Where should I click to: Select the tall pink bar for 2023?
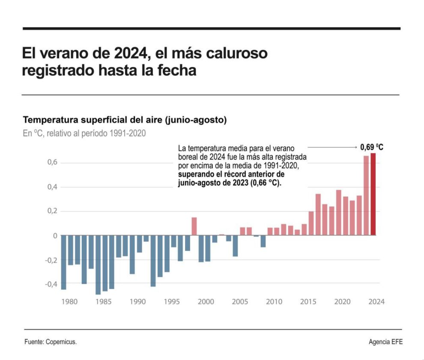[366, 196]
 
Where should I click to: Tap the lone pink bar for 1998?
[194, 226]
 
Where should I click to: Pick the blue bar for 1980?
[63, 262]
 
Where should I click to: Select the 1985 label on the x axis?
[104, 302]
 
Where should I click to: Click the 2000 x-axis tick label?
[206, 302]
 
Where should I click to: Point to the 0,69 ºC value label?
[371, 147]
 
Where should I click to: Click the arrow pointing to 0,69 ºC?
[332, 147]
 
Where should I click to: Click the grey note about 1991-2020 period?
[84, 134]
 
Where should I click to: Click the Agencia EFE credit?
[385, 342]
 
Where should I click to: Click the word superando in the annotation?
[195, 175]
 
